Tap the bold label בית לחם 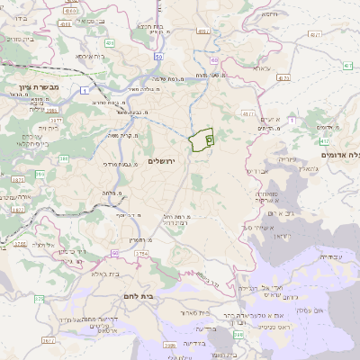[163, 293]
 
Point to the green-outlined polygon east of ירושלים [202, 139]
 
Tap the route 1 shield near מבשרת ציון [84, 91]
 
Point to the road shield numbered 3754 [140, 255]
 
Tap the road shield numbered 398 [238, 335]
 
